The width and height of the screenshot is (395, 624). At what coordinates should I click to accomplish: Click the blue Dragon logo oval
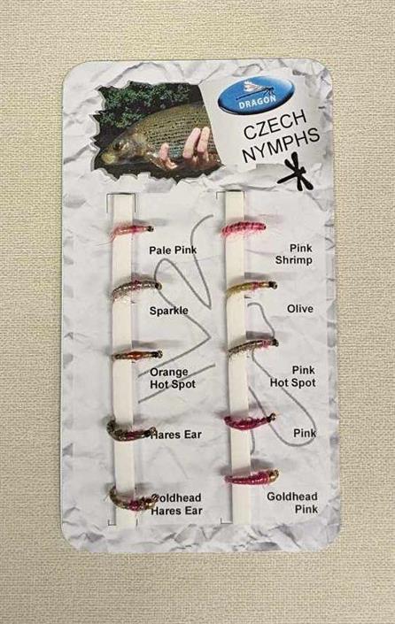pos(256,96)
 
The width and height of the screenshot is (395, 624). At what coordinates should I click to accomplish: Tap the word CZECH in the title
pos(275,125)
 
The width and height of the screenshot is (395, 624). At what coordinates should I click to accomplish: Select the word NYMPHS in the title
pos(281,145)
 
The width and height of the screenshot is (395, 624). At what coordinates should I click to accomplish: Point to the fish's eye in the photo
pos(119,145)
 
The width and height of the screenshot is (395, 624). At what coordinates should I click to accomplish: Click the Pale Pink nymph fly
pos(130,230)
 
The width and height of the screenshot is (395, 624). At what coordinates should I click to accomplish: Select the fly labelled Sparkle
pos(136,289)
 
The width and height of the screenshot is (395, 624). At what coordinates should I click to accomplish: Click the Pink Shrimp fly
pos(244,228)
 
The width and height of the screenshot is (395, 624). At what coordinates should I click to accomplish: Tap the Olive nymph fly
pos(251,289)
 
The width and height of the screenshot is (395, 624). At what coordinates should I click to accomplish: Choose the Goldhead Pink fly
pos(252,477)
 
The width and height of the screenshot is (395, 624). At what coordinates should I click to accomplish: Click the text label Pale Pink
pos(173,250)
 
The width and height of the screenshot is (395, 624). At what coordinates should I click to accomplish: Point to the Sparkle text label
pos(168,311)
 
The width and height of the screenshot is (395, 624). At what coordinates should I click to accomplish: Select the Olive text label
pos(300,309)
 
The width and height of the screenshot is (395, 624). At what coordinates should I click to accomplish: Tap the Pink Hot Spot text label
pos(293,376)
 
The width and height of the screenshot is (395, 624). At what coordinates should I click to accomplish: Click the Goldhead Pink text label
pos(292,503)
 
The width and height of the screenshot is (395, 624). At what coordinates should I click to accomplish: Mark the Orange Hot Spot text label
pos(173,378)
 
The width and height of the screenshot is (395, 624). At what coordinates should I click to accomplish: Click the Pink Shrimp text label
pos(293,254)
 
